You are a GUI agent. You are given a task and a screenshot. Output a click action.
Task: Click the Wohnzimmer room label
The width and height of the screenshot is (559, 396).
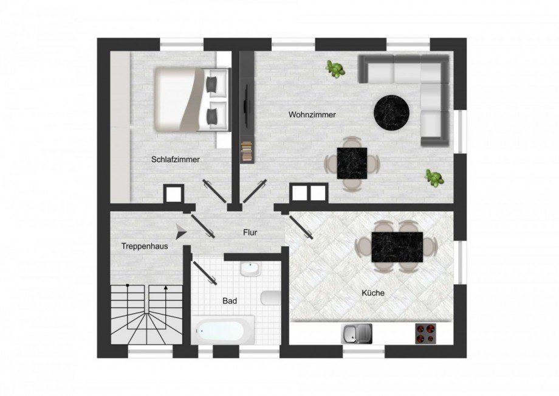click(312, 115)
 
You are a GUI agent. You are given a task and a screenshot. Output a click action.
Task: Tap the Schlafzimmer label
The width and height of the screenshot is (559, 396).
click(176, 159)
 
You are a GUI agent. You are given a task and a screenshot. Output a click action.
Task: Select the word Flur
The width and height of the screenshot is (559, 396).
click(250, 232)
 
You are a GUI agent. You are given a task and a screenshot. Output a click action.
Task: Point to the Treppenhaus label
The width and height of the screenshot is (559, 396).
click(145, 246)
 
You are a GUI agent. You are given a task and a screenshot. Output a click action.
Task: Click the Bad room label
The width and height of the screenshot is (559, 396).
click(230, 301)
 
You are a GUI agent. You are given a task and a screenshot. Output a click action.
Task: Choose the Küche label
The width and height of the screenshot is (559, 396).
click(373, 293)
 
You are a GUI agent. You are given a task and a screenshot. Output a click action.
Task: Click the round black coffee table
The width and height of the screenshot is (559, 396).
click(391, 113)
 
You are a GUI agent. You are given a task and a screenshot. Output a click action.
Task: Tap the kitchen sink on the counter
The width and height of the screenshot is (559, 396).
click(357, 334)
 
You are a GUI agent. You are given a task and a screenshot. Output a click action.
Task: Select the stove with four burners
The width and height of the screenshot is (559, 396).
click(426, 333)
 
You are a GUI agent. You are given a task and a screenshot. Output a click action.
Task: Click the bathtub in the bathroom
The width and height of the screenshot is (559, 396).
click(222, 330)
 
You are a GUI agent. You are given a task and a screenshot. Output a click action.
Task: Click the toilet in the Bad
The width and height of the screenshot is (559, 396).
click(270, 298)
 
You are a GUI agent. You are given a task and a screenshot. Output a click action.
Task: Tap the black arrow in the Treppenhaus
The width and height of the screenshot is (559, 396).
click(182, 232)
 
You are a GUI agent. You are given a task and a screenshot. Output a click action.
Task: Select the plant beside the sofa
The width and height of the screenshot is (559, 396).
click(335, 69)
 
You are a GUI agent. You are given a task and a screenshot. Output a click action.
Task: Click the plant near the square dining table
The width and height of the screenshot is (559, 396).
click(434, 178)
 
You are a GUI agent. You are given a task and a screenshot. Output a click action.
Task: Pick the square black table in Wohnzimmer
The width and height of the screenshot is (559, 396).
click(352, 164)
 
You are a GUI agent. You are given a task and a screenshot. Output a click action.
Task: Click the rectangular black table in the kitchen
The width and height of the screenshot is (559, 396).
click(397, 247)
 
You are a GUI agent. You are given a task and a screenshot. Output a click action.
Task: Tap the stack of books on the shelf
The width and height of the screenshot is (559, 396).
click(246, 152)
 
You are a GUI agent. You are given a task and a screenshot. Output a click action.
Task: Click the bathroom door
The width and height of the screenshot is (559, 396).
click(204, 273)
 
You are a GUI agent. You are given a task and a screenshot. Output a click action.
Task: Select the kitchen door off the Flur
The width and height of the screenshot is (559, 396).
click(301, 228)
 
